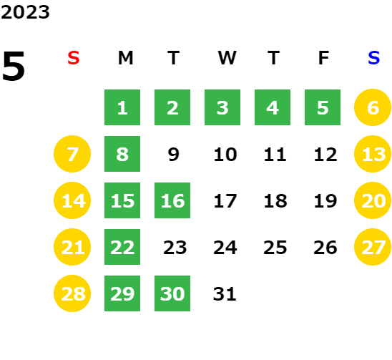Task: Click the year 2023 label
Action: click(x=25, y=12)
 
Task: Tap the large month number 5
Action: click(x=14, y=66)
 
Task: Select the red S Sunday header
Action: click(x=74, y=58)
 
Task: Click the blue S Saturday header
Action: click(x=374, y=58)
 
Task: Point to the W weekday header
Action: click(x=227, y=58)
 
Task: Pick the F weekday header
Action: click(x=324, y=58)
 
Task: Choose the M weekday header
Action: click(x=125, y=58)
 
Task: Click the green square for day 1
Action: click(x=122, y=107)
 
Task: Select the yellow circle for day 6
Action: click(x=373, y=107)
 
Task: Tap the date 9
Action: click(x=174, y=155)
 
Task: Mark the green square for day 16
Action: click(x=172, y=200)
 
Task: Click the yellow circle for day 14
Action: click(x=72, y=200)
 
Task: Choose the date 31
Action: click(x=225, y=294)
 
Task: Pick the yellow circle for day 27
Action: click(x=373, y=247)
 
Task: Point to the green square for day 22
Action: click(x=122, y=247)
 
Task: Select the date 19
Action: click(x=325, y=201)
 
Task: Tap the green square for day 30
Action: click(x=172, y=293)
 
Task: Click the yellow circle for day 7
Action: click(x=72, y=154)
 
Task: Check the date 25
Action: click(x=275, y=248)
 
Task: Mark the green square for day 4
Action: click(x=273, y=107)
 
